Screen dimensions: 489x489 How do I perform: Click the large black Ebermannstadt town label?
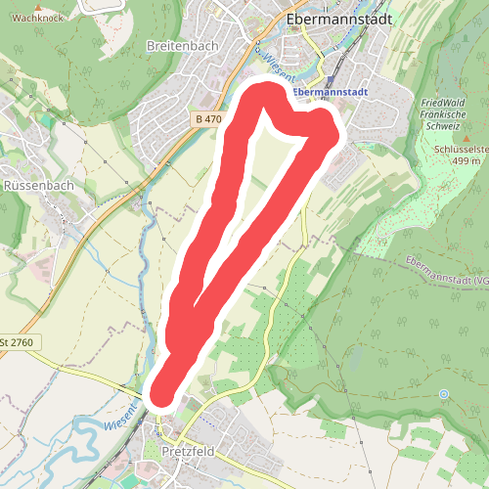[340, 20]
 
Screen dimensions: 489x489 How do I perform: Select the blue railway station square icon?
[330, 78]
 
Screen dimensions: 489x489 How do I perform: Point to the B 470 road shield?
[206, 119]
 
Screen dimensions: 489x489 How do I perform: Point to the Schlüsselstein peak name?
[460, 150]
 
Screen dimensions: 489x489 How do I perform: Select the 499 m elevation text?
[461, 161]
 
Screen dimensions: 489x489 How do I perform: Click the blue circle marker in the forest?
[443, 394]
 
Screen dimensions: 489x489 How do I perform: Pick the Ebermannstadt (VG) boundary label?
[445, 271]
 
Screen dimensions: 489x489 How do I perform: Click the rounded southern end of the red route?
[162, 391]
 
